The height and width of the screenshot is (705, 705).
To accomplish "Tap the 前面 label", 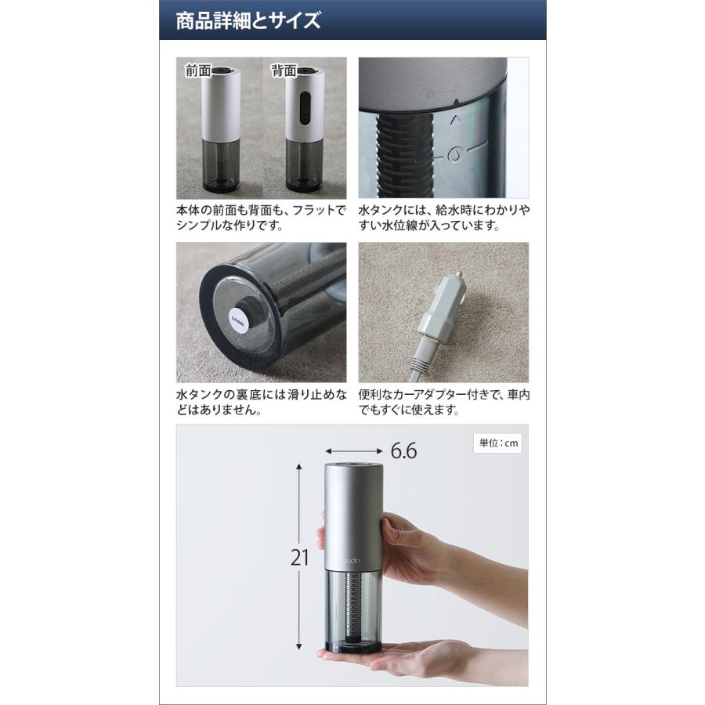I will tap(198, 70).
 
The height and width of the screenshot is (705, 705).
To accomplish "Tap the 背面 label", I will tap(284, 70).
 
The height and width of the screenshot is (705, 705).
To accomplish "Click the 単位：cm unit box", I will tap(499, 443).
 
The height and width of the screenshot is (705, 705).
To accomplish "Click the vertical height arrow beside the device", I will tap(299, 556).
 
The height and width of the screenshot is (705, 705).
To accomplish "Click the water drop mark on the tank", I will tap(453, 154).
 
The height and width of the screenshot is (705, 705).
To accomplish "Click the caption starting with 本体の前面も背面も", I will tap(261, 219).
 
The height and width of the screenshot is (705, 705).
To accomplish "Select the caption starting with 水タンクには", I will tap(443, 219).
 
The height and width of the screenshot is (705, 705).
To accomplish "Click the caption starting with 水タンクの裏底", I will tap(261, 403).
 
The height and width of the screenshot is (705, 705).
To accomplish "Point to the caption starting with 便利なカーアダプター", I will tap(443, 403).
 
